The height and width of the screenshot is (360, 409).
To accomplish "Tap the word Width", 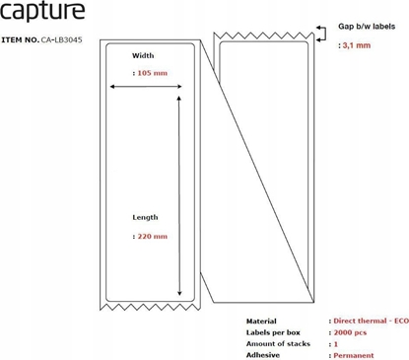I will (144, 55).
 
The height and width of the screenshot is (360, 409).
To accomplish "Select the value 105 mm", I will (149, 72).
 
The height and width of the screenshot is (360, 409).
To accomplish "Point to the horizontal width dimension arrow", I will (146, 87).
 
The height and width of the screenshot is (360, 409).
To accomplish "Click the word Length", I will (146, 217).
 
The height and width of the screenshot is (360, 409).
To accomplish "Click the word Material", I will (261, 322).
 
